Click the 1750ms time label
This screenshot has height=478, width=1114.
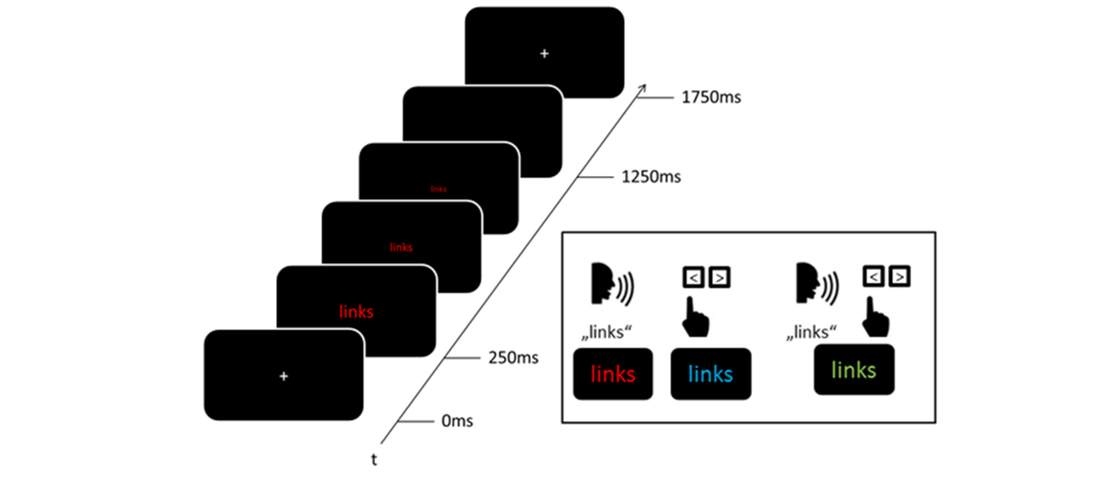click(711, 98)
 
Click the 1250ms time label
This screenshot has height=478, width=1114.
click(651, 178)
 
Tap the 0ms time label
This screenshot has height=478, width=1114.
click(457, 421)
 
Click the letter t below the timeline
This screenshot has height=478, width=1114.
click(374, 460)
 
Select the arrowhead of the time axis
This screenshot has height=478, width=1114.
click(644, 85)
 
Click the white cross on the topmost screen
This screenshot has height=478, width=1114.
click(544, 53)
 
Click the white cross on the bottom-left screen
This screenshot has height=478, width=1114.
click(283, 376)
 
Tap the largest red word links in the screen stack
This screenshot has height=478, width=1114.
click(357, 312)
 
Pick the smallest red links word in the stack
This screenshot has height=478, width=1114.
click(439, 188)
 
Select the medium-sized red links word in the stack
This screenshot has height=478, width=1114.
click(401, 247)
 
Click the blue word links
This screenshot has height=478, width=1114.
click(710, 374)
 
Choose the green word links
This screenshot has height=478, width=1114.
click(854, 370)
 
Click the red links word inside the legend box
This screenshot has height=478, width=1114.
click(613, 374)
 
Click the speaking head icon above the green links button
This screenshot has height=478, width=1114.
click(815, 284)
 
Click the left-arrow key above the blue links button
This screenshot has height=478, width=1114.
click(694, 278)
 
